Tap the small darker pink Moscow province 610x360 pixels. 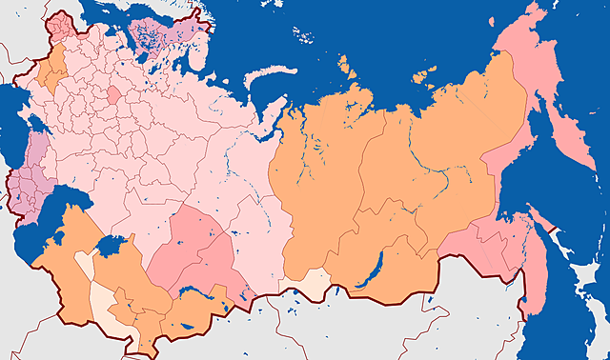pyautogui.click(x=113, y=93)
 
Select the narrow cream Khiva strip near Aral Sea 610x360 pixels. pyautogui.click(x=84, y=263)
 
